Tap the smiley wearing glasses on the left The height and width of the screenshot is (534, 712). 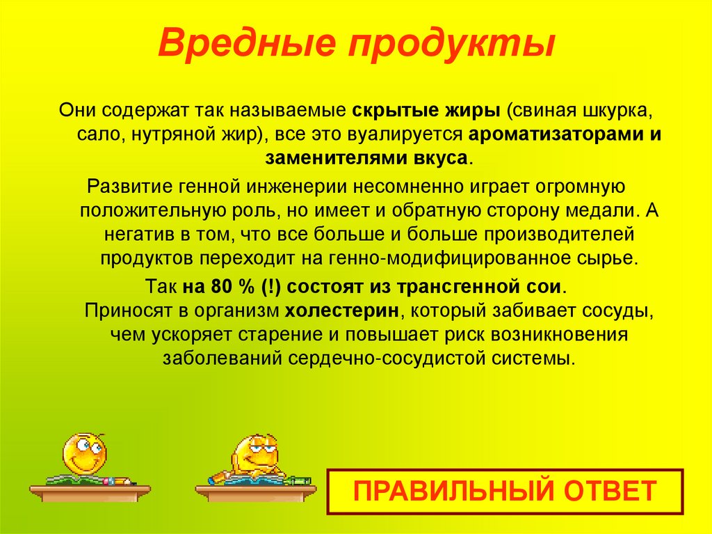(x=84, y=453)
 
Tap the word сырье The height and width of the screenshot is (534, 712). (x=607, y=258)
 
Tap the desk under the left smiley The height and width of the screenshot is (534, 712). (x=90, y=492)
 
